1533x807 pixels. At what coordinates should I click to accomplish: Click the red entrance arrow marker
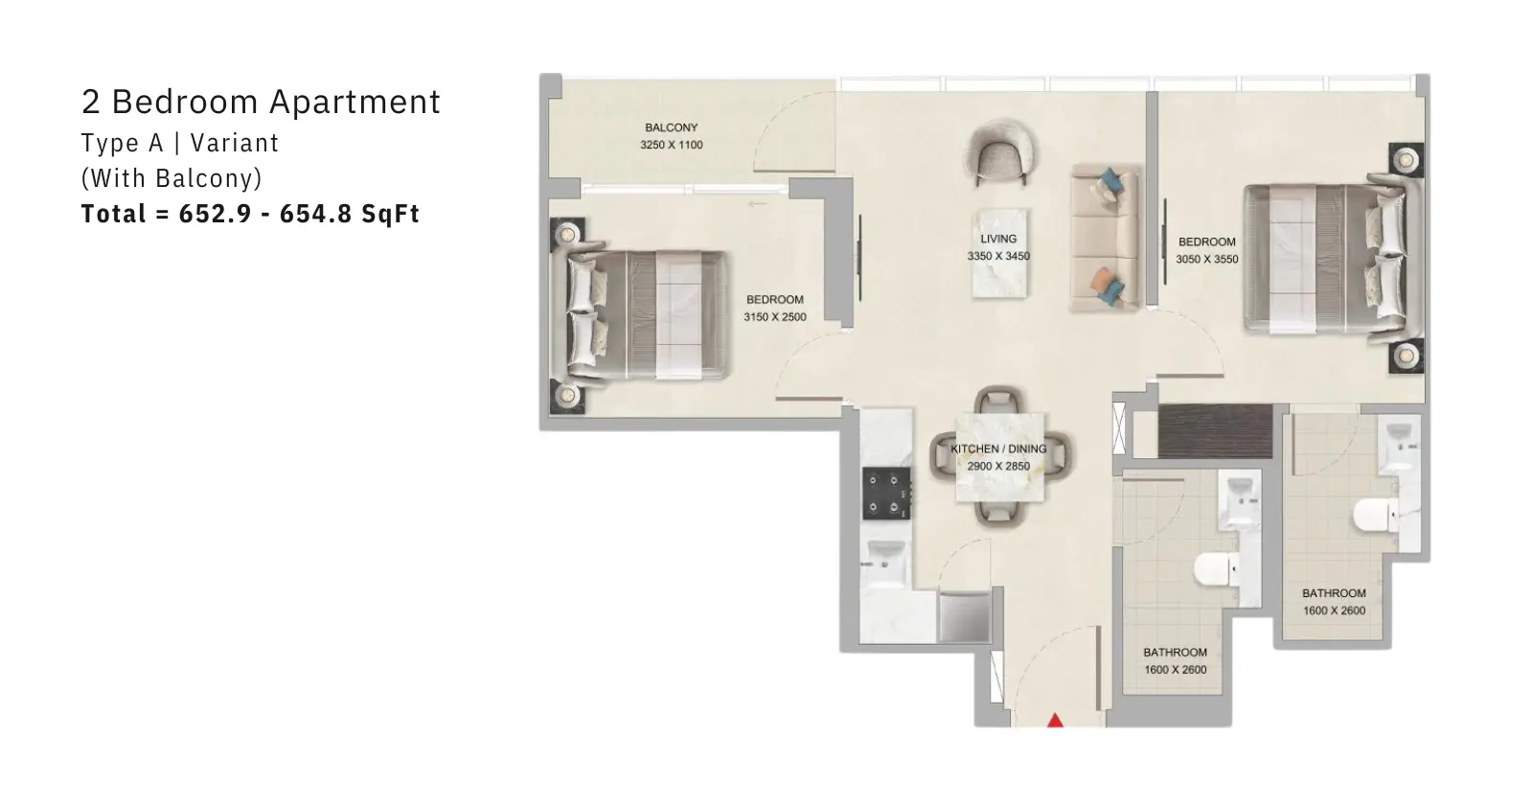1055,720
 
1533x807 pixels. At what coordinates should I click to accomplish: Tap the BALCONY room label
672,128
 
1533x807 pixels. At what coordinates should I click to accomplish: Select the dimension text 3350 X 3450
998,256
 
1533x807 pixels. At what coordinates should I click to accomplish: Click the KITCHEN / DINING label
998,449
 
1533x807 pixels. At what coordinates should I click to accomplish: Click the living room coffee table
1000,253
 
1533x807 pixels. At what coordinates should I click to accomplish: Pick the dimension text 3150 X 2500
775,317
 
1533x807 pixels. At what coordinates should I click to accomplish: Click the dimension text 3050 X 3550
1207,260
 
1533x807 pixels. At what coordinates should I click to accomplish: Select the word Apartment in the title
355,103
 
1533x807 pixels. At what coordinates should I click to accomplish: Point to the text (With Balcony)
172,178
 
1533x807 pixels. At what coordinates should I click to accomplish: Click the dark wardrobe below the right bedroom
1216,430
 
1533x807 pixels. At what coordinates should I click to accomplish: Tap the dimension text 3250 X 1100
672,145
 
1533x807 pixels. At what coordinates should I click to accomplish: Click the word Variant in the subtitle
235,143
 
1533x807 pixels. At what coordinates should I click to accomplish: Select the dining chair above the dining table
999,400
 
